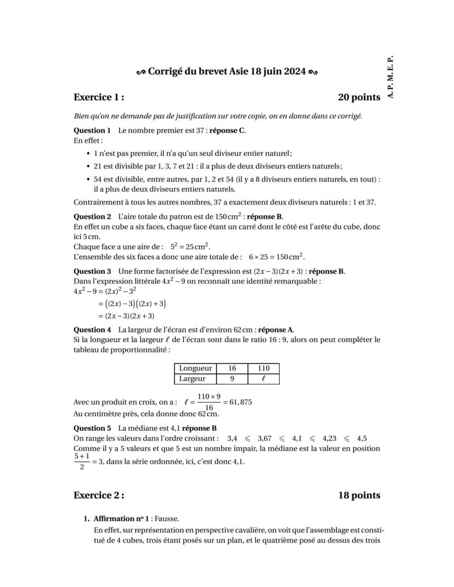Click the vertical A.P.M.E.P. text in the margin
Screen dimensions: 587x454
coord(390,77)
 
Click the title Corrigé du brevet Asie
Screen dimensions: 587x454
coord(226,72)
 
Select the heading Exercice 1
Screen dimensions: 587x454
coord(99,97)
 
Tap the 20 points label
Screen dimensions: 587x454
coord(359,97)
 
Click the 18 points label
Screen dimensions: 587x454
coord(359,495)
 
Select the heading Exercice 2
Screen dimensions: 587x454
coord(99,495)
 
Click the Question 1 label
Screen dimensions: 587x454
coord(92,130)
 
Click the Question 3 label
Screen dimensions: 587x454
coord(92,271)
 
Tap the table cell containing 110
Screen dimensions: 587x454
coord(264,369)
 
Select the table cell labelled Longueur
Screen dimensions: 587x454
coord(196,369)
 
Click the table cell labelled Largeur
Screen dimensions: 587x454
coord(192,379)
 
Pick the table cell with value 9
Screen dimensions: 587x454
coord(232,379)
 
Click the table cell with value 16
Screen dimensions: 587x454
coord(232,369)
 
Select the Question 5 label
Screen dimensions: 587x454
coord(92,428)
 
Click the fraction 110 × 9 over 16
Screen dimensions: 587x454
coord(209,402)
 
